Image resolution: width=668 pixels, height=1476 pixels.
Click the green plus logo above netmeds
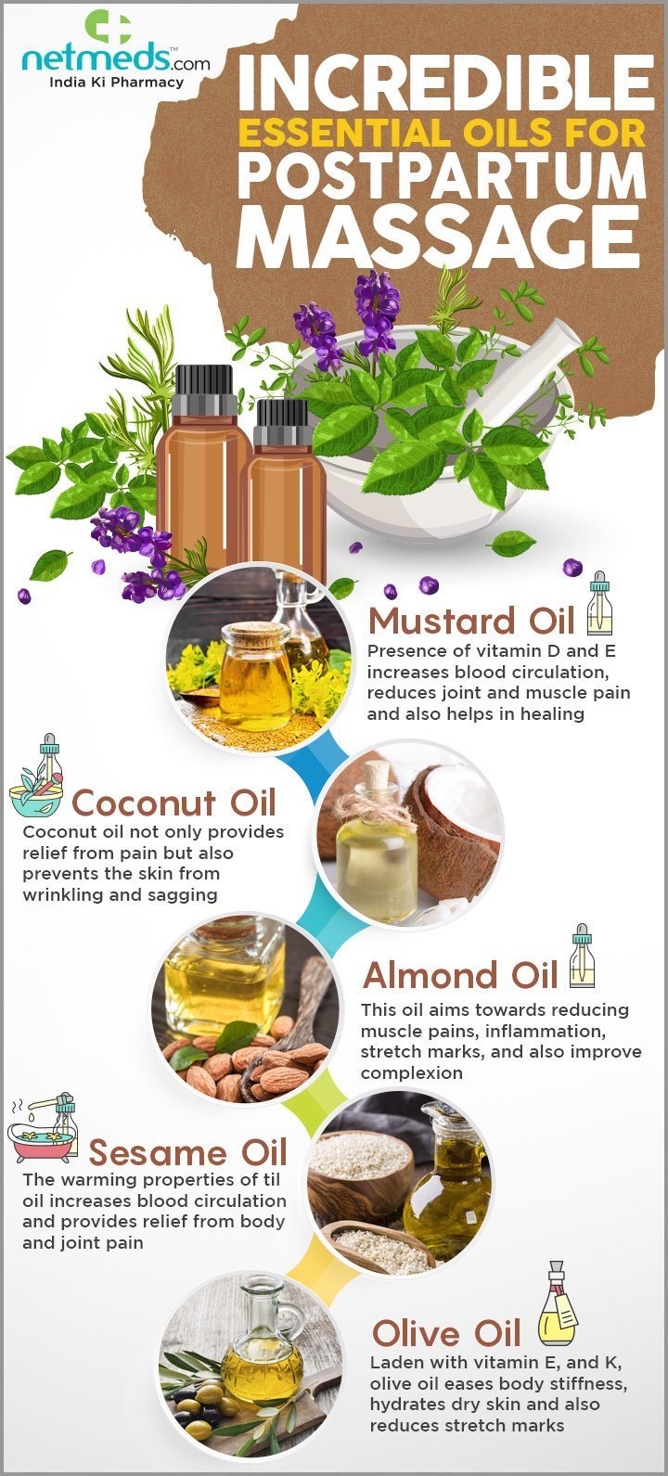pyautogui.click(x=109, y=27)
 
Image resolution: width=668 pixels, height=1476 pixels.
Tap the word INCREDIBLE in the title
pyautogui.click(x=446, y=83)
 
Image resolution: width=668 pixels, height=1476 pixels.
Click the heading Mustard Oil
pyautogui.click(x=471, y=621)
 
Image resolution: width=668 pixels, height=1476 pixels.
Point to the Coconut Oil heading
pyautogui.click(x=173, y=803)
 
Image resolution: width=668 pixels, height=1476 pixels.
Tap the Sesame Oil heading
pyautogui.click(x=187, y=1152)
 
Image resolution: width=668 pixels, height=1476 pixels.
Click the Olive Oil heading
pyautogui.click(x=446, y=1333)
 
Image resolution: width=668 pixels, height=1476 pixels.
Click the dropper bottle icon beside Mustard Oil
pyautogui.click(x=600, y=603)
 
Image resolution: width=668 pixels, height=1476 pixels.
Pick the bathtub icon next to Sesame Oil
pyautogui.click(x=43, y=1129)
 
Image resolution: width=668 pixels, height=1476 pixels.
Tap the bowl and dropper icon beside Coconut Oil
pyautogui.click(x=37, y=776)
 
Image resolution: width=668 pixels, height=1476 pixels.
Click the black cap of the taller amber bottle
pyautogui.click(x=204, y=390)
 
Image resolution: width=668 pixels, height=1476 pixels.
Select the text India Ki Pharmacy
pyautogui.click(x=116, y=83)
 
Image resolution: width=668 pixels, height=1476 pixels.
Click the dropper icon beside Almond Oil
pyautogui.click(x=582, y=956)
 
